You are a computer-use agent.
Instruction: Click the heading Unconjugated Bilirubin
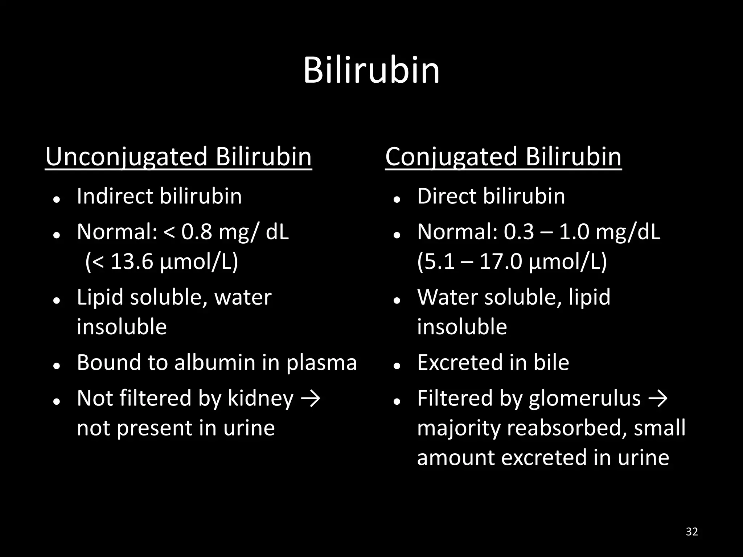pyautogui.click(x=178, y=157)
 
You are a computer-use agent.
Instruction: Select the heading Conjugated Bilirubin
pyautogui.click(x=503, y=157)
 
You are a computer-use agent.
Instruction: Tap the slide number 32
pyautogui.click(x=692, y=532)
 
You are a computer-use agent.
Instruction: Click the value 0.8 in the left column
pyautogui.click(x=196, y=232)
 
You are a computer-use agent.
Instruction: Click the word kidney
pyautogui.click(x=260, y=399)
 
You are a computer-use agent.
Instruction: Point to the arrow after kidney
pyautogui.click(x=311, y=399)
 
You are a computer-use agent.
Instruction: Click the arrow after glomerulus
pyautogui.click(x=658, y=399)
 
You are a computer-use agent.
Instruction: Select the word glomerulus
pyautogui.click(x=584, y=399)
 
